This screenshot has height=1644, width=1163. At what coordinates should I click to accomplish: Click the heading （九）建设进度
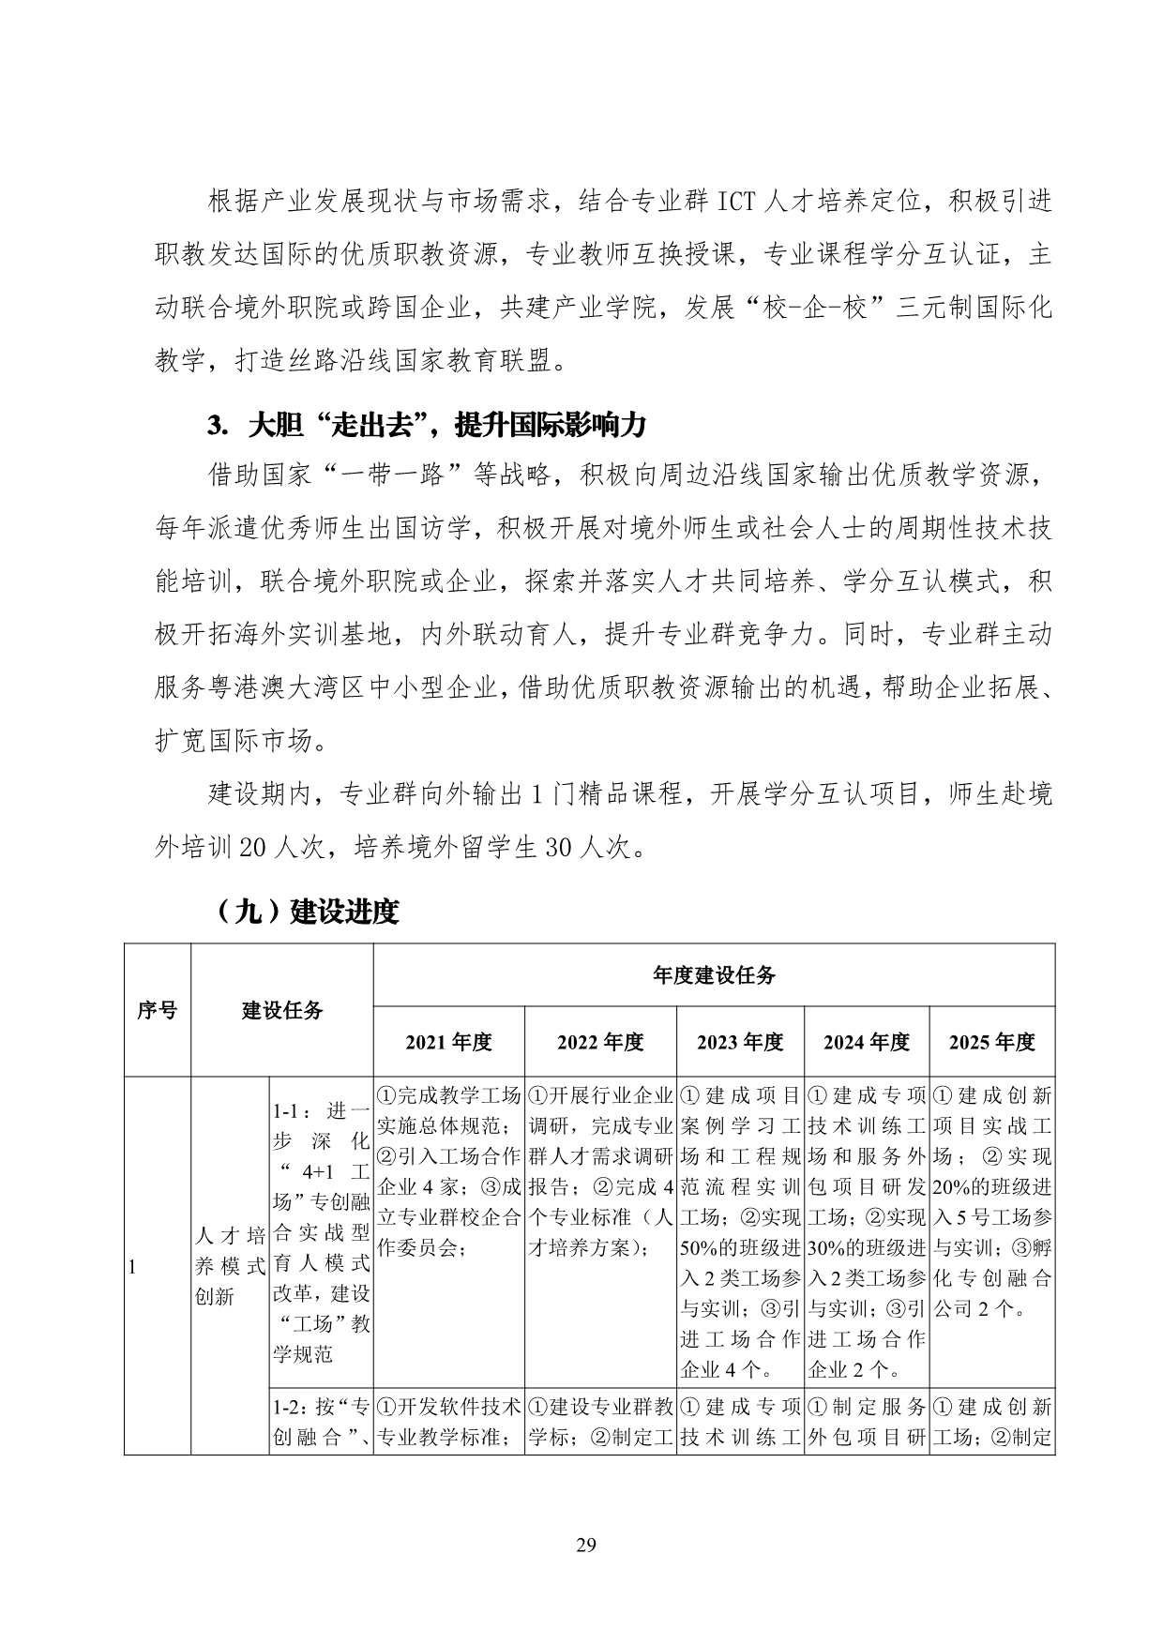tap(306, 911)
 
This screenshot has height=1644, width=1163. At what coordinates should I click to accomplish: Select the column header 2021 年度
tap(448, 1042)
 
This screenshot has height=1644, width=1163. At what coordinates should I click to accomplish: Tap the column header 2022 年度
tap(600, 1042)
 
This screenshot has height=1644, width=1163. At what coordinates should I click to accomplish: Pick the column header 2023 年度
tap(740, 1042)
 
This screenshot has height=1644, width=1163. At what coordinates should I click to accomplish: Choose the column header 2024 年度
tap(867, 1042)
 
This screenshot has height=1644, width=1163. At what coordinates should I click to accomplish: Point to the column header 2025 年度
tap(992, 1042)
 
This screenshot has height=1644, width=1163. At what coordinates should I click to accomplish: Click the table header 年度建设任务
tap(714, 975)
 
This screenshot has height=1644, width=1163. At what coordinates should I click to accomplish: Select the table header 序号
tap(157, 1009)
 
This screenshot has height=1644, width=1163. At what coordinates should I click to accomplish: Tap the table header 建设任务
tap(282, 1009)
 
